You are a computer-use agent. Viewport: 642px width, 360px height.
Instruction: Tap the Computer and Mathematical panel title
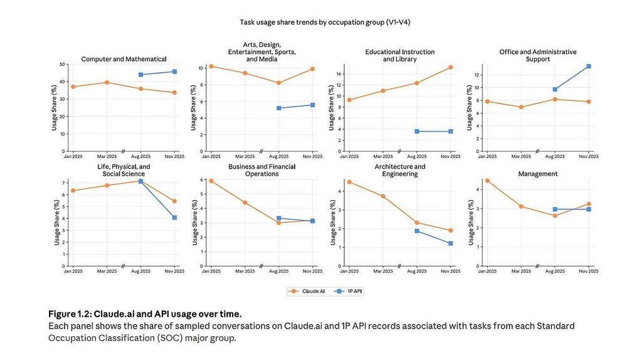coord(124,59)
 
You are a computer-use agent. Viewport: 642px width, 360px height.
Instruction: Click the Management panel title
coord(537,173)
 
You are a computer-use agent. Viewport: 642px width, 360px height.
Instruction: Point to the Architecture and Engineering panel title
coord(400,170)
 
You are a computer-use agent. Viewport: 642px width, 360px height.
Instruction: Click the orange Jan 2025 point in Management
coord(487,181)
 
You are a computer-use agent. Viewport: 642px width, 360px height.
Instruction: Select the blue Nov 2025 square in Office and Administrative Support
coord(589,66)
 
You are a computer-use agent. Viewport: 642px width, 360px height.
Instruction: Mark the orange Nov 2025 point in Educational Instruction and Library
coord(451,67)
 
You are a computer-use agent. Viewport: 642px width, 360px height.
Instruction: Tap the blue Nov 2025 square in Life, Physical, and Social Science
coord(175,218)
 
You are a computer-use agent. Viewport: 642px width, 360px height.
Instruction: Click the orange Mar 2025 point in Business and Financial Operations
coord(245,203)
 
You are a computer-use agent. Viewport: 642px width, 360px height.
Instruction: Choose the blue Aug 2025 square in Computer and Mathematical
coord(141,75)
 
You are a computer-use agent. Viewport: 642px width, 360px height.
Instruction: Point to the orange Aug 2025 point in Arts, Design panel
coord(279,83)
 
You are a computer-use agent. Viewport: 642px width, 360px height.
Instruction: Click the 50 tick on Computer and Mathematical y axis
coord(61,64)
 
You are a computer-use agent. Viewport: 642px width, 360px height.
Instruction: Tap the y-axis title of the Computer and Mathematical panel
coord(55,107)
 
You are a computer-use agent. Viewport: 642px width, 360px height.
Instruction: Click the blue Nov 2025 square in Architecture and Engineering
coord(451,243)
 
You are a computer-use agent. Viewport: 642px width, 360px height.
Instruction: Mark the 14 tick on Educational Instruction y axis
coord(338,74)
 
